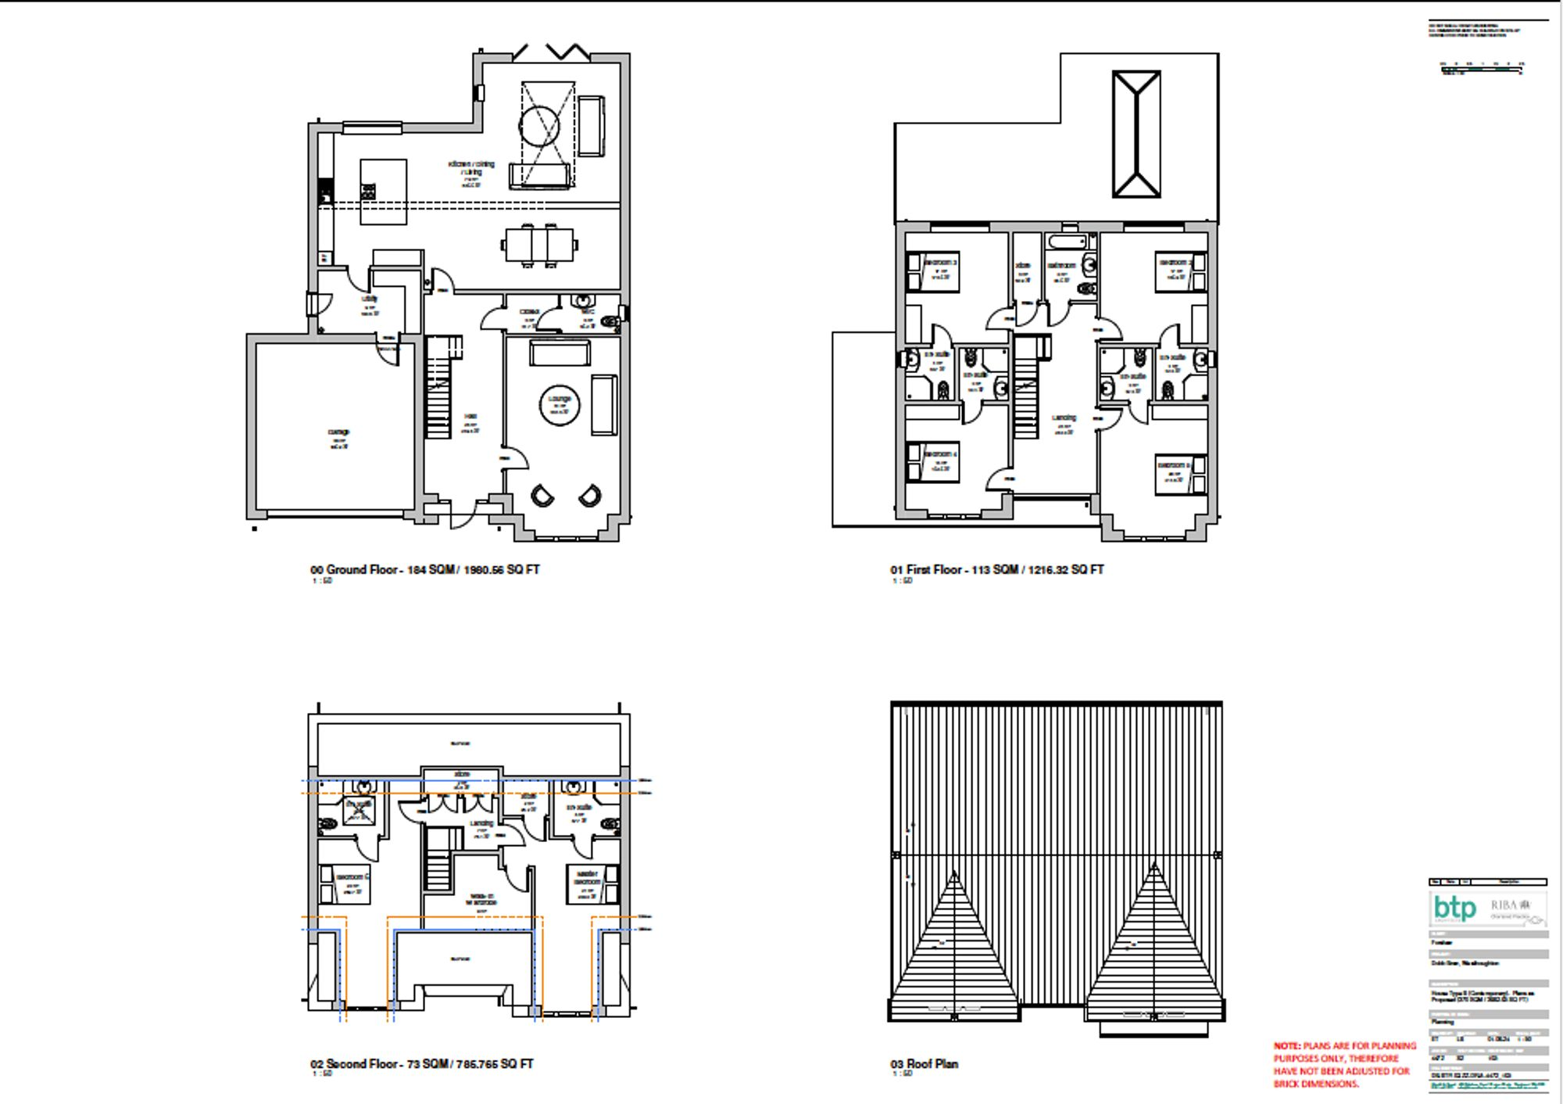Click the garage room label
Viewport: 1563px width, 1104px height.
coord(338,432)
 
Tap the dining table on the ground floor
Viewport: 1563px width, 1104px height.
coord(539,245)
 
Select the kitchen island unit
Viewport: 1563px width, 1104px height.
coord(383,192)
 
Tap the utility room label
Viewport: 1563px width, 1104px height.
coord(369,299)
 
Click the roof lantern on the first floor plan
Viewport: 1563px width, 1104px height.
coord(1136,134)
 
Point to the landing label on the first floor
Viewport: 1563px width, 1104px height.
coord(1064,418)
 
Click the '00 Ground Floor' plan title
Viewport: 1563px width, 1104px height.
coord(424,570)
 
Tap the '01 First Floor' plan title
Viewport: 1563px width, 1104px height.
coord(996,570)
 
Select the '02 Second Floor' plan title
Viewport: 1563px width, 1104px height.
coord(421,1064)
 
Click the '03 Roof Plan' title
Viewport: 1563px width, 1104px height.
coord(924,1064)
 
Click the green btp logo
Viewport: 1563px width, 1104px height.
coord(1454,909)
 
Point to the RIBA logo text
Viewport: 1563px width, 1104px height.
coord(1504,905)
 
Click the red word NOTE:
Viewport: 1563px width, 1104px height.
coord(1286,1046)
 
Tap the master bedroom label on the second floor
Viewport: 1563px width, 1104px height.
coord(587,877)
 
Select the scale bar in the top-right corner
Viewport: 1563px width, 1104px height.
coord(1481,70)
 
